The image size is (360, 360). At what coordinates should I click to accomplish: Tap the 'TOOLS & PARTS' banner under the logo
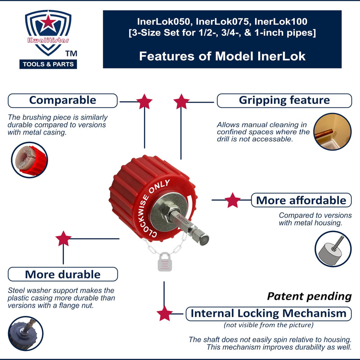pyautogui.click(x=49, y=64)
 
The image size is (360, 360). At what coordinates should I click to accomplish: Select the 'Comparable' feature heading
pyautogui.click(x=63, y=100)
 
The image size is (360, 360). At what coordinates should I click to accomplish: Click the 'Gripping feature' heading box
pyautogui.click(x=284, y=100)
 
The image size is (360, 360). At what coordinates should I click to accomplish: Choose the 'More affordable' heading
pyautogui.click(x=301, y=200)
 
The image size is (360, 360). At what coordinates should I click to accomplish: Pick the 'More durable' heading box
pyautogui.click(x=63, y=274)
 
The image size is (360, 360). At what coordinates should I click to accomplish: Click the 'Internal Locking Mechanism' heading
pyautogui.click(x=268, y=313)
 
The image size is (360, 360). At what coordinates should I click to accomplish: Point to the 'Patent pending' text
pyautogui.click(x=309, y=297)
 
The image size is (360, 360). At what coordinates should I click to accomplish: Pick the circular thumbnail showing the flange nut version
pyautogui.click(x=26, y=334)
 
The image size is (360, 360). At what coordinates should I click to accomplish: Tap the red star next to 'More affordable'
pyautogui.click(x=232, y=200)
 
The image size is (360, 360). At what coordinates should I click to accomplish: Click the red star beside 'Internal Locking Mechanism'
pyautogui.click(x=165, y=313)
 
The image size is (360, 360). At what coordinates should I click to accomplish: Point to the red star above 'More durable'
pyautogui.click(x=63, y=239)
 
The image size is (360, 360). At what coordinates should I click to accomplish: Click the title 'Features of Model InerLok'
pyautogui.click(x=222, y=56)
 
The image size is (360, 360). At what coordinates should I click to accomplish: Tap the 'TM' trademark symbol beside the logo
pyautogui.click(x=71, y=54)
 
